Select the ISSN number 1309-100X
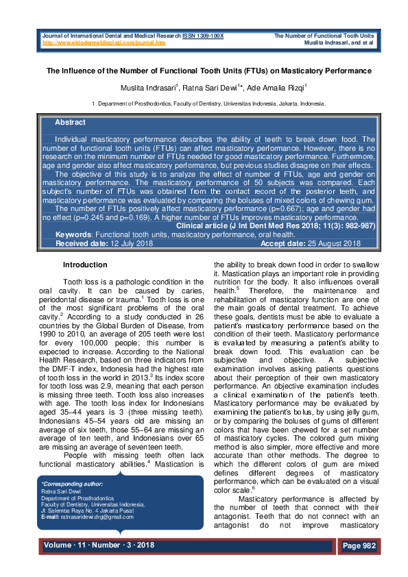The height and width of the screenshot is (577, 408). [x=207, y=35]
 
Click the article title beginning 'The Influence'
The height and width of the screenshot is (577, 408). [x=208, y=71]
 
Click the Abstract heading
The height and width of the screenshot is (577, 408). [x=70, y=122]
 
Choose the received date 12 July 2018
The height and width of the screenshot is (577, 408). [x=127, y=243]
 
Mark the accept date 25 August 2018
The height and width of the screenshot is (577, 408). [x=331, y=243]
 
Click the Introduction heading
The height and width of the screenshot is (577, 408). [x=85, y=265]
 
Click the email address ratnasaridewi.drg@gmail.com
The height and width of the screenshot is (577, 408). [x=96, y=516]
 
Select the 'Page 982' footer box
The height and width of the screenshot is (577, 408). [x=359, y=545]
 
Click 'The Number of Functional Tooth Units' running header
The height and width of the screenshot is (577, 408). [x=324, y=35]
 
